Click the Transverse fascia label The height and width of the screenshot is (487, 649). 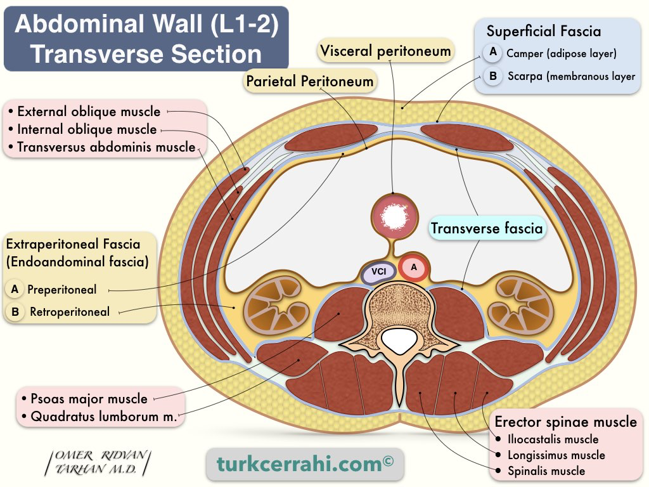487,228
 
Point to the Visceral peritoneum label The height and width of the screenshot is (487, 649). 385,51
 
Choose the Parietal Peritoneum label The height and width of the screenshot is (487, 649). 309,81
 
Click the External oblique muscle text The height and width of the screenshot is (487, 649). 89,112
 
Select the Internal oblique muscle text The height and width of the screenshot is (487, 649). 87,130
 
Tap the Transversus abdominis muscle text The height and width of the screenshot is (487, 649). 106,147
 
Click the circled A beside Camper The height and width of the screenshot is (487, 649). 492,53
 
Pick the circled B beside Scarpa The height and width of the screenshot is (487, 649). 492,76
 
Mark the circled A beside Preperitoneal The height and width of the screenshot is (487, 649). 15,289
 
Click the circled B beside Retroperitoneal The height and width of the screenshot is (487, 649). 15,311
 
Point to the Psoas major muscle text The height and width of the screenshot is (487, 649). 89,399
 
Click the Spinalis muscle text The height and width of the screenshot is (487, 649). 546,471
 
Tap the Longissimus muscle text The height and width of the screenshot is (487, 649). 556,455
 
